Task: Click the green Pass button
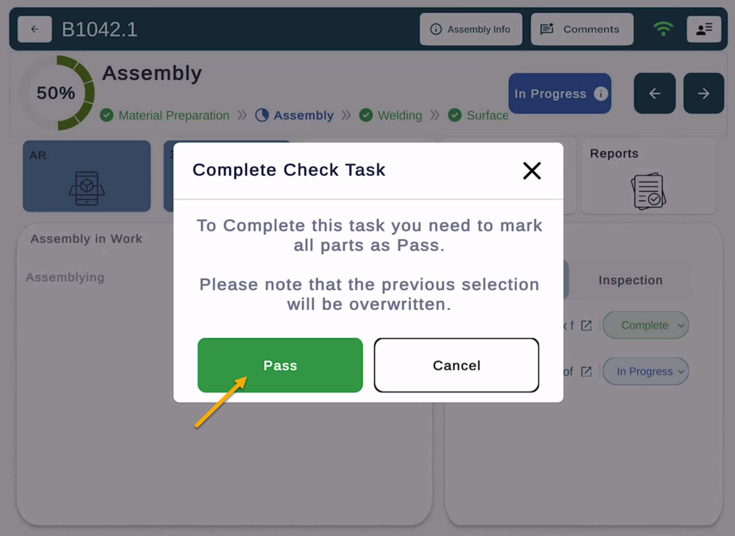coord(280,365)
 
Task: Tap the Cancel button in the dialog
coord(456,365)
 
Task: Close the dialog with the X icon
coord(532,171)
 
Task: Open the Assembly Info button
coord(471,29)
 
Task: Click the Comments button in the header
coord(582,29)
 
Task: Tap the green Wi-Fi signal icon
coord(663,29)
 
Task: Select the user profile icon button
coord(704,29)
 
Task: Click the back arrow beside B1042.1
coord(35,29)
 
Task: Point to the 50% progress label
coord(56,93)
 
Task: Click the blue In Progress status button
coord(560,94)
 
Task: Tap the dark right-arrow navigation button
coord(704,94)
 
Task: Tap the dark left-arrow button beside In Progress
coord(655,94)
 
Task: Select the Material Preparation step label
coord(174,116)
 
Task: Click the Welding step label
coord(400,116)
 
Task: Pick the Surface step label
coord(487,116)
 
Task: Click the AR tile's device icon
coord(87,188)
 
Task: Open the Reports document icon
coord(648,191)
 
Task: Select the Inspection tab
coord(630,280)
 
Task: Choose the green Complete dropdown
coord(646,325)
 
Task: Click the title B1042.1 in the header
coord(99,29)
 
